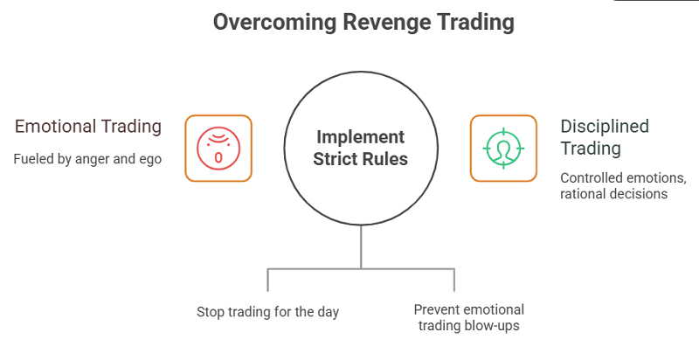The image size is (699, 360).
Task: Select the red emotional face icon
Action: (x=218, y=149)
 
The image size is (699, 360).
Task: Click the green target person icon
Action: (x=503, y=149)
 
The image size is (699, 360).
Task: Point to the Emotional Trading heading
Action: (x=88, y=127)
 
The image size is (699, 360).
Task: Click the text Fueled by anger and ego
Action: (x=88, y=160)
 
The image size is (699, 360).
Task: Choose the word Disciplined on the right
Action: (x=605, y=127)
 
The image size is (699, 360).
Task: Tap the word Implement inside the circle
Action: (x=360, y=137)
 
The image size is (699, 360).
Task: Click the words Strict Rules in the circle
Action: (x=360, y=160)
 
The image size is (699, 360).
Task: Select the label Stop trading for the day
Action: (x=267, y=311)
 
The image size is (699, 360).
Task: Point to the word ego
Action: (x=150, y=160)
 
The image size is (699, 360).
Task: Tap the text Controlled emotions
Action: (x=623, y=178)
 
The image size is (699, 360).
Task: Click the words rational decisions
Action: (x=613, y=194)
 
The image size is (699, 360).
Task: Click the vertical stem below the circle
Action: (x=360, y=247)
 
